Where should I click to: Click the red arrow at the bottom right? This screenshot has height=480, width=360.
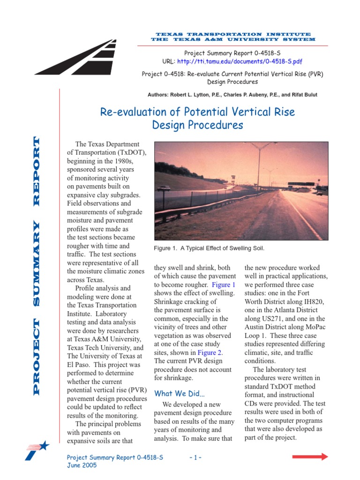(310, 457)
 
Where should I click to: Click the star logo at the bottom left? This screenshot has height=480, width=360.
(37, 451)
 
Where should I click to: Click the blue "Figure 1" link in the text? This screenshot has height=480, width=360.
(223, 285)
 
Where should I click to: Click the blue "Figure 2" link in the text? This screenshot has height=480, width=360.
(210, 352)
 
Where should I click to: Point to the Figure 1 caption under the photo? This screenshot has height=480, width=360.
(212, 247)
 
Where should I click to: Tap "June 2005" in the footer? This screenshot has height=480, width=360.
(82, 465)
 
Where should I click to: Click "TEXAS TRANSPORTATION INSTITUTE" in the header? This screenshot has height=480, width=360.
(233, 34)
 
